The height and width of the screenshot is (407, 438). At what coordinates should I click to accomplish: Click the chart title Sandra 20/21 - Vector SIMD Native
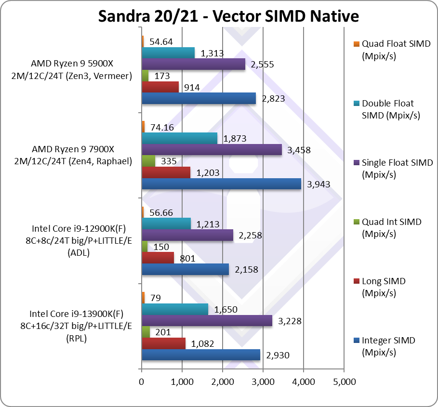point(228,16)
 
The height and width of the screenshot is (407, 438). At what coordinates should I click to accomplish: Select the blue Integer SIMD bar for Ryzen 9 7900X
point(221,184)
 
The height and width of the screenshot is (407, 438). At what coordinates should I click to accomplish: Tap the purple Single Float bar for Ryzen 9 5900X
point(193,64)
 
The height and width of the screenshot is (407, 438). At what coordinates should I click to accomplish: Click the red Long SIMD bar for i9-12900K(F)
point(158,258)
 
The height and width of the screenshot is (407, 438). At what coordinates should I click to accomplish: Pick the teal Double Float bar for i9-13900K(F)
point(175,309)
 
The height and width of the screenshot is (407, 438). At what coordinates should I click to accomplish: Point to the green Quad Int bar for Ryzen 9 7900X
point(148,161)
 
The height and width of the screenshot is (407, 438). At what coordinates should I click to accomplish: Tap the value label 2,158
point(246,270)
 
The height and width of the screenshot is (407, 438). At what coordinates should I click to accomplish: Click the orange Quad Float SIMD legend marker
point(356,44)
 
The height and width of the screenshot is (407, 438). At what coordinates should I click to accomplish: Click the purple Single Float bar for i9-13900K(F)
point(207,321)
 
